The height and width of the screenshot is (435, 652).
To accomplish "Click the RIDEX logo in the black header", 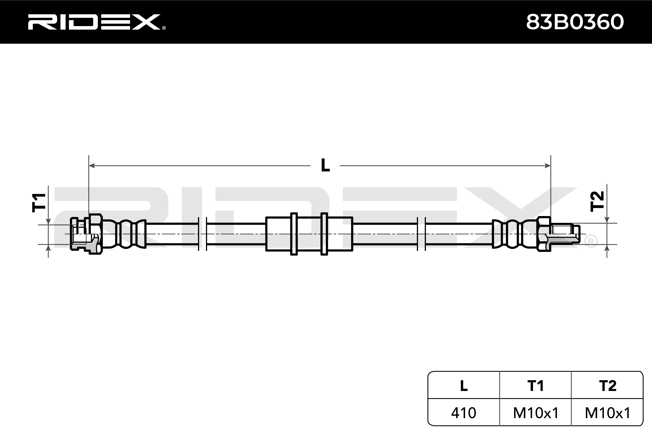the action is (97, 22).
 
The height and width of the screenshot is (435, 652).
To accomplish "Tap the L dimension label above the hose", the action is (325, 165).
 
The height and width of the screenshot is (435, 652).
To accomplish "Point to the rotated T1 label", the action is (39, 202).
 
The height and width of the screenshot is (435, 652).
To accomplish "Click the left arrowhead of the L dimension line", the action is (92, 166).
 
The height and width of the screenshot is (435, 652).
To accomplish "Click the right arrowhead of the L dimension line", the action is (547, 166).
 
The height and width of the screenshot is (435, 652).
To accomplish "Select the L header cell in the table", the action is (463, 385).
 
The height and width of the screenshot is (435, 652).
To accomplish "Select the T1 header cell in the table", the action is (535, 385).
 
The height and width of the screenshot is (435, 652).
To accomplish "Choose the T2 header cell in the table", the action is (607, 385).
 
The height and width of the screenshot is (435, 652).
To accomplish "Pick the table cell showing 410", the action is (463, 413).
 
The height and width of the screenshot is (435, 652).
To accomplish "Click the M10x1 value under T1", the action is (535, 413).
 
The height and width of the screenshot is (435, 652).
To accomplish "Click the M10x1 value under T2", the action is (607, 413).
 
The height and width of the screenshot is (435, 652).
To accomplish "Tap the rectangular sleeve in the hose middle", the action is (309, 234).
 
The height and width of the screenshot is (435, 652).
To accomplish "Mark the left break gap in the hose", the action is (202, 234).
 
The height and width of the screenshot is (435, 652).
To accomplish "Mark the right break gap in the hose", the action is (421, 234).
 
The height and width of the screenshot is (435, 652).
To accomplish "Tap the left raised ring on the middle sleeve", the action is (294, 234).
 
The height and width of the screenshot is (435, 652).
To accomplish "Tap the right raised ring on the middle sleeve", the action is (324, 234).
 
